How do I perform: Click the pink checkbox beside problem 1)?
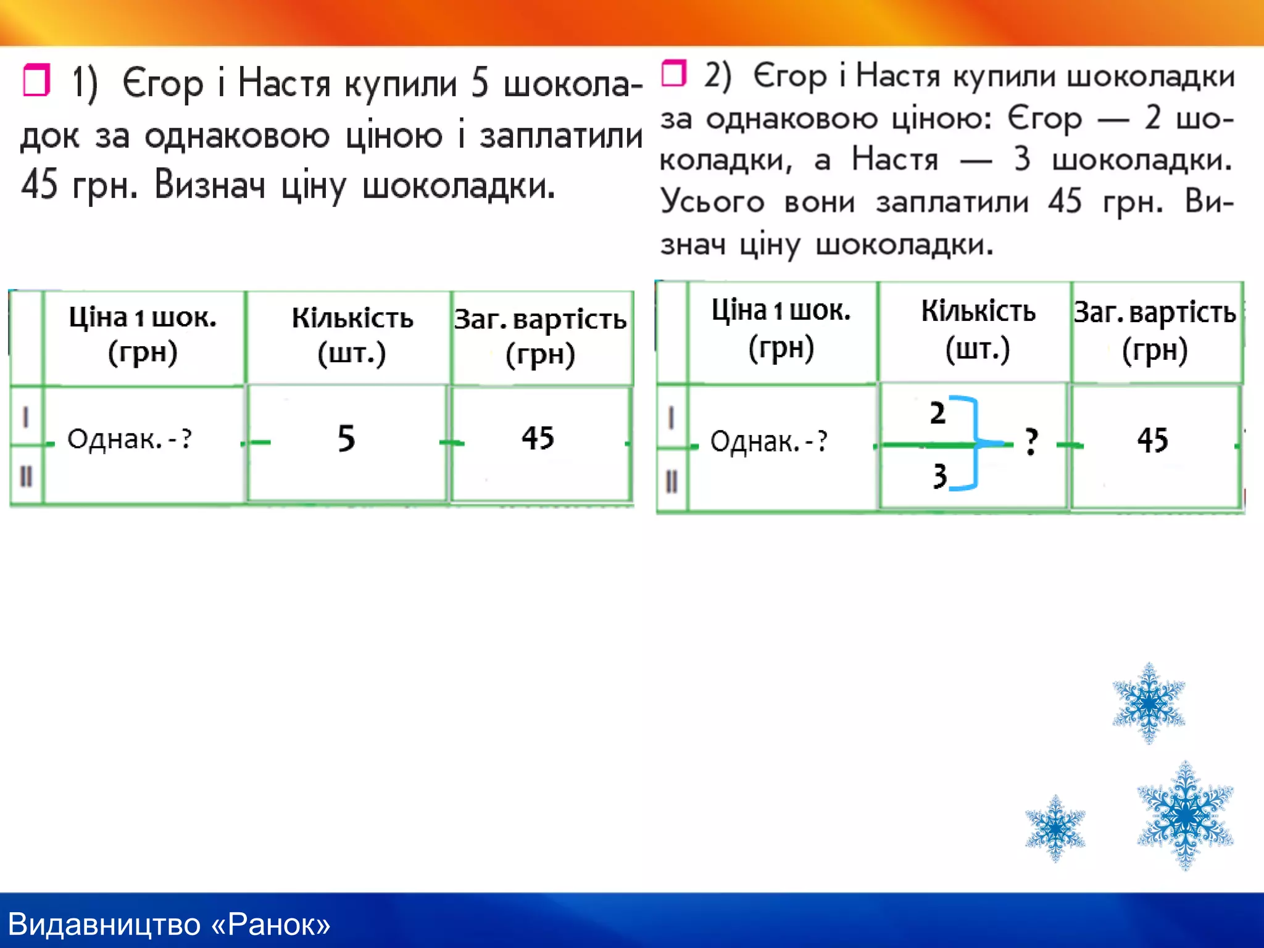pos(36,80)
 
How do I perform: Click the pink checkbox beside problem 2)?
pos(673,73)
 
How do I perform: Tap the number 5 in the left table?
pos(346,439)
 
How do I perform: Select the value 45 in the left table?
pos(538,438)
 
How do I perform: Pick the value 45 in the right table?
pos(1152,441)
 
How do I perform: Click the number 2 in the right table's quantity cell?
pos(938,413)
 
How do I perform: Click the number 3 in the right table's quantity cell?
pos(939,476)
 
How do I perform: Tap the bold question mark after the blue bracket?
pos(1030,442)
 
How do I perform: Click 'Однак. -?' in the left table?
pos(129,439)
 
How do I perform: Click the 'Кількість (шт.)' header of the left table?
pos(352,335)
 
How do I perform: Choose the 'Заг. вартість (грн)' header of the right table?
pos(1155,331)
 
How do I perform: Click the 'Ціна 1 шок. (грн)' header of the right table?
pos(781,328)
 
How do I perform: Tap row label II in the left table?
pos(26,476)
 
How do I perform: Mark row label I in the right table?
pos(671,418)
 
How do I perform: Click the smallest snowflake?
pos(1055,828)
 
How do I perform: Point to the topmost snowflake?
pos(1149,702)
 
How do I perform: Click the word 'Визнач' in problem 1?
pos(210,185)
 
